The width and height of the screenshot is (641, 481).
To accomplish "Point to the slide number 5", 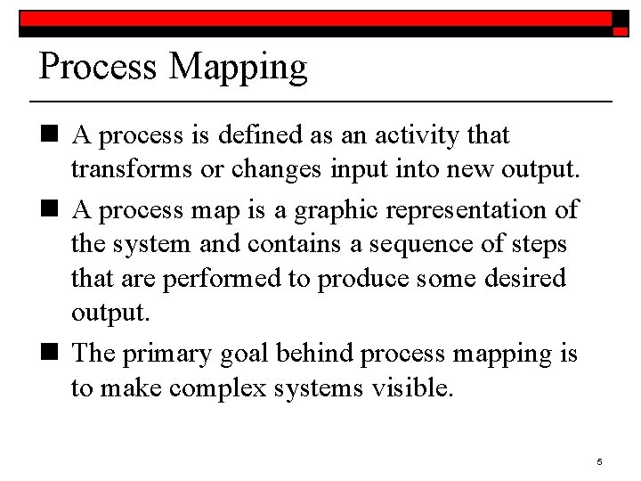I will coord(600,461).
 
